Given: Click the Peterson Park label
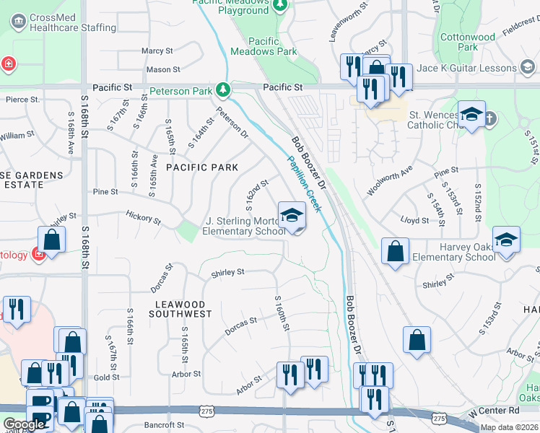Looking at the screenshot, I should click(181, 91).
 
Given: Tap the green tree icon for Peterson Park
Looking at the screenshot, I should click(224, 89).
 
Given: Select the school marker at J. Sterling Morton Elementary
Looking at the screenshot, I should click(291, 216).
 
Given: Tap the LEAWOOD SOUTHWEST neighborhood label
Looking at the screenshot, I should click(180, 310).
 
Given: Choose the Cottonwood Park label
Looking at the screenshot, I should click(468, 42).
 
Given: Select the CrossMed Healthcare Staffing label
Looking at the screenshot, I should click(70, 22).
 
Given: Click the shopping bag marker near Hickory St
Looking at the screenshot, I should click(52, 240).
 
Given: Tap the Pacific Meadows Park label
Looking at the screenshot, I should click(264, 47).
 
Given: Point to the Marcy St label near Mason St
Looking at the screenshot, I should click(157, 51).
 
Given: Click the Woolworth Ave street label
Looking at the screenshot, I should click(389, 180).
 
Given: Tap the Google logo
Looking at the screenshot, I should click(24, 424).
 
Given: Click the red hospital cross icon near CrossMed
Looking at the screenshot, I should click(8, 64).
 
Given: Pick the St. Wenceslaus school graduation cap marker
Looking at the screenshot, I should click(471, 115).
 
